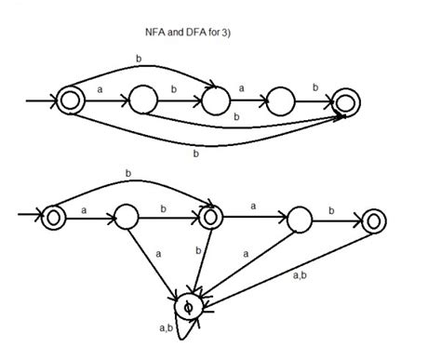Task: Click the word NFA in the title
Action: (x=146, y=31)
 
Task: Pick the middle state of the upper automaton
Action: (x=213, y=99)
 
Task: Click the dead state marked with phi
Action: (x=189, y=305)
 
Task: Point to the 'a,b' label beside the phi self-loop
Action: (x=168, y=329)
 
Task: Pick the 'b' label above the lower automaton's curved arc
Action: (x=127, y=173)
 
